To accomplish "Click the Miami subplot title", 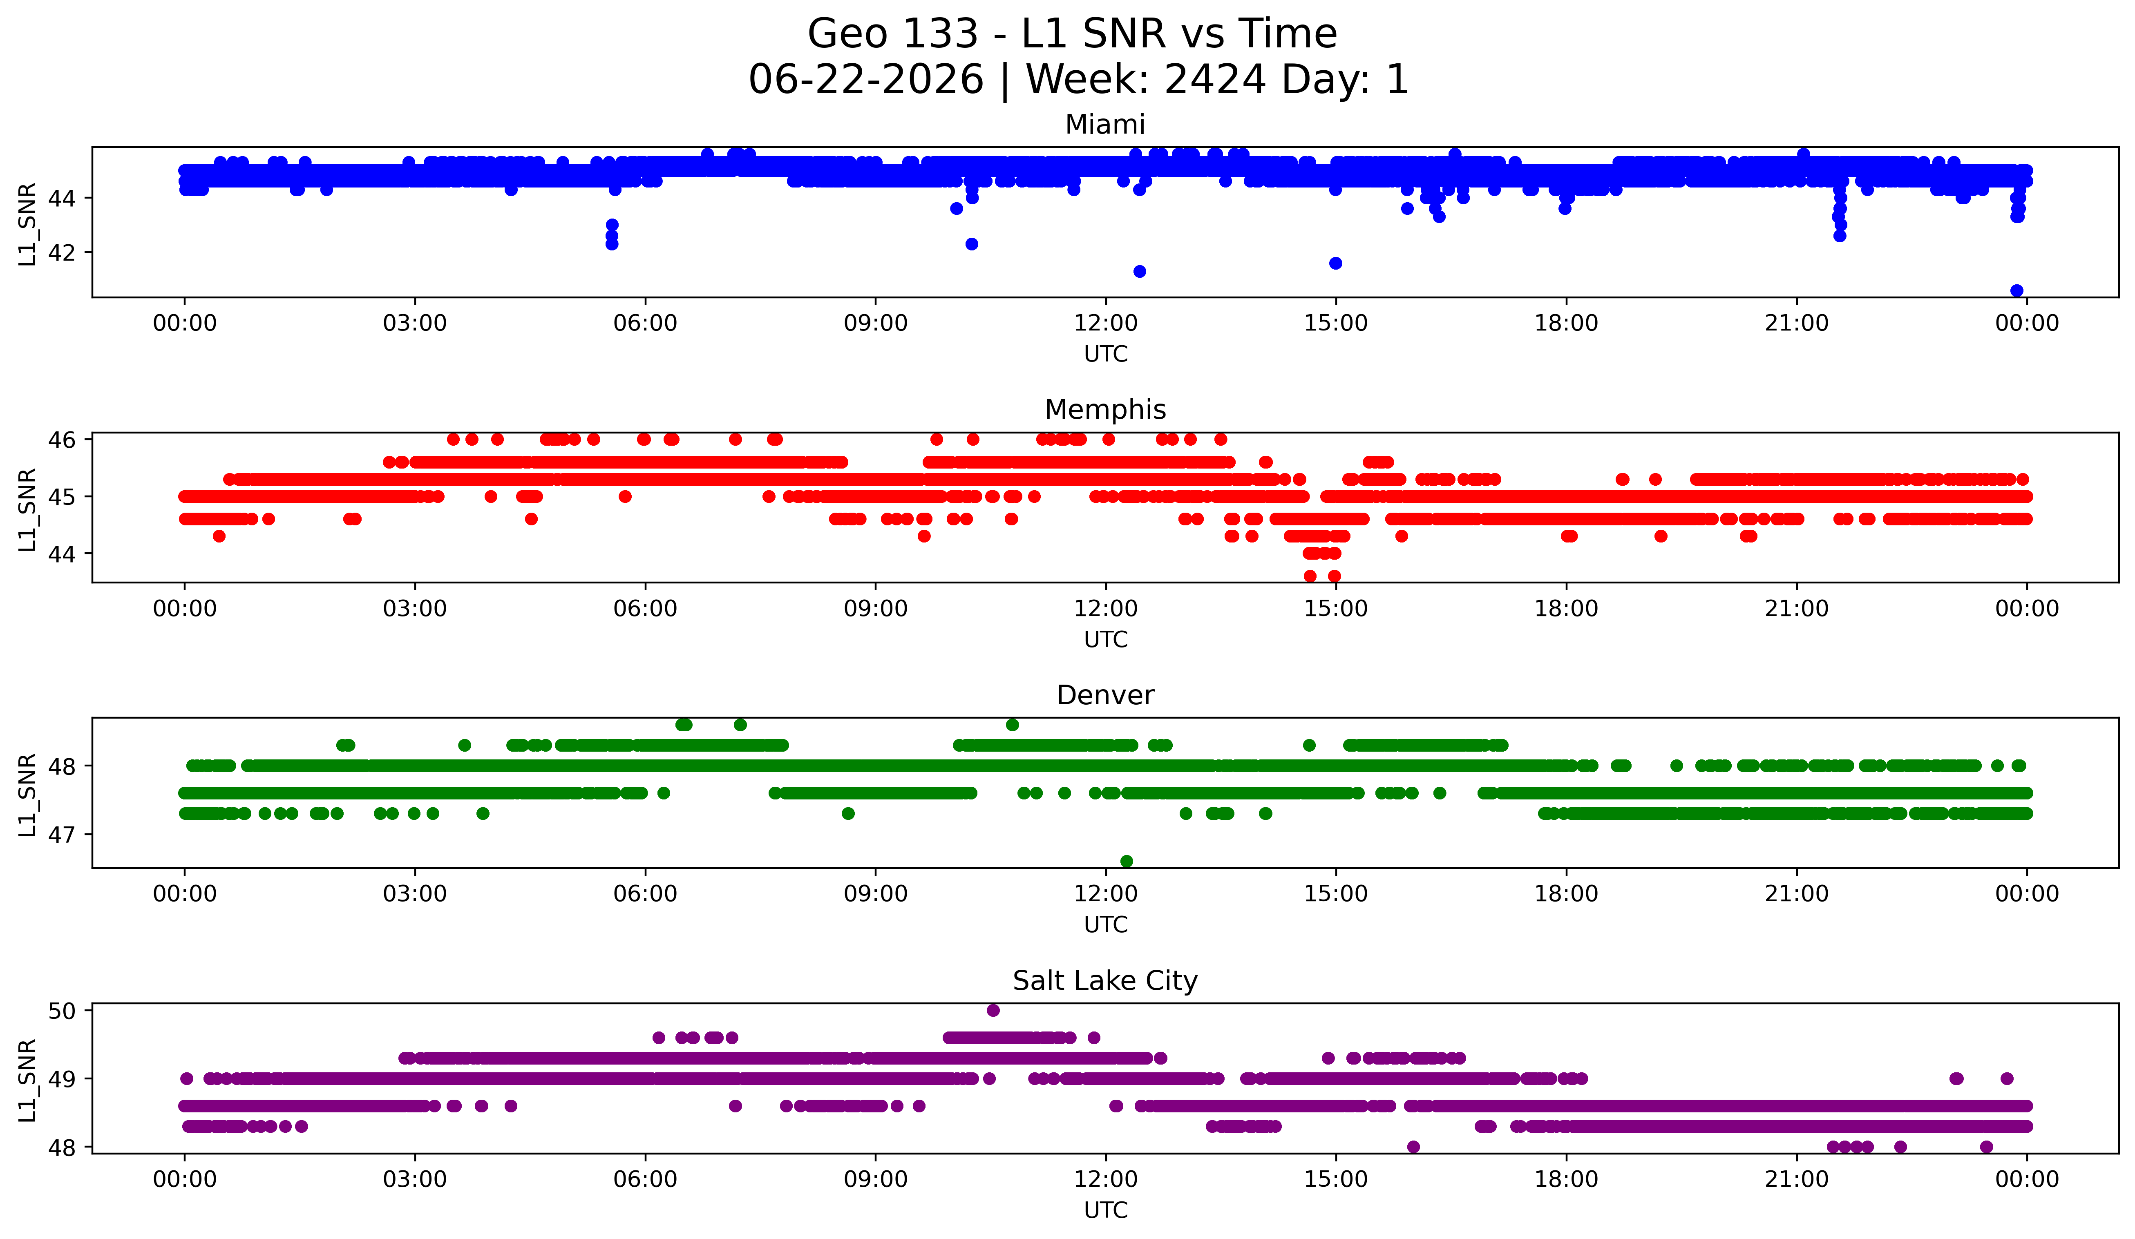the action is [x=1105, y=125].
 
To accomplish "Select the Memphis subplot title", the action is [x=1105, y=410].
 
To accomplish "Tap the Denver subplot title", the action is [x=1105, y=695].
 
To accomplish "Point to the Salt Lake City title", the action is [x=1105, y=981].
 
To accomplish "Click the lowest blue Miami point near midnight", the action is [x=2017, y=290].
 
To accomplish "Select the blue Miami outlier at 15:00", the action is [x=1335, y=263].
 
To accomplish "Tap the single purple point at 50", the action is [x=993, y=1010].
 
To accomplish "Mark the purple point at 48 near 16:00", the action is [x=1413, y=1147].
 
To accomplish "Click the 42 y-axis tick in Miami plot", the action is [x=62, y=252].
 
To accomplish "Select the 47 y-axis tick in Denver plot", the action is [x=62, y=834].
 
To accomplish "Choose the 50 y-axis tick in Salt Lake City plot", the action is [x=62, y=1010].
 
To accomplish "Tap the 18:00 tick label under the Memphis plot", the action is [x=1566, y=609].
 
